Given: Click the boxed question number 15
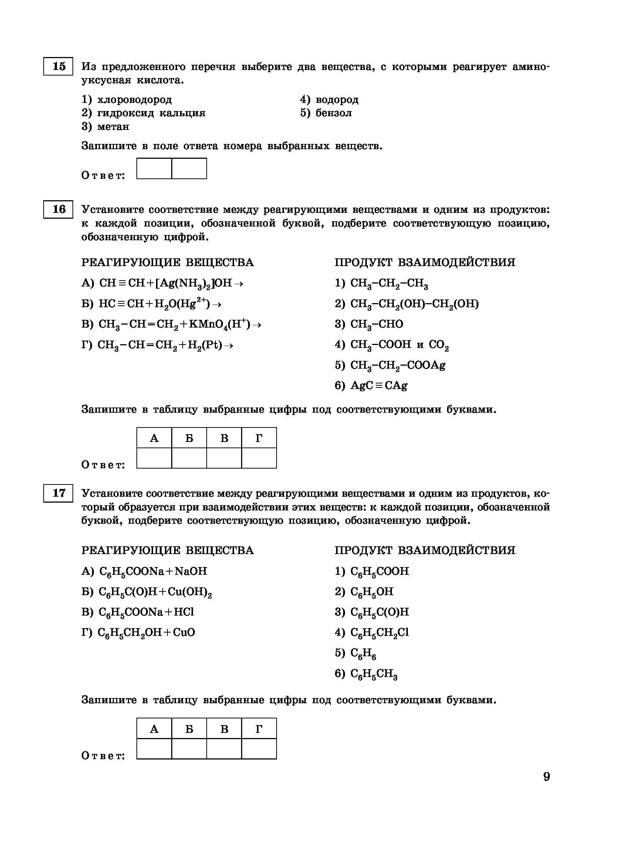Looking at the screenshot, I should click(x=58, y=66).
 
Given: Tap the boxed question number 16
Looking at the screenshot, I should click(x=58, y=209).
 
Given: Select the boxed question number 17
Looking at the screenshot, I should click(x=58, y=493).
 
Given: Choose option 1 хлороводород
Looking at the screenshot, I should click(x=126, y=100).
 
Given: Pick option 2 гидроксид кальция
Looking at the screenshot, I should click(x=143, y=113).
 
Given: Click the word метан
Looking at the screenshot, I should click(x=113, y=127).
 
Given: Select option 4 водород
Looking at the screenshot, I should click(x=329, y=100).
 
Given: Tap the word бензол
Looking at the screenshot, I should click(x=334, y=113).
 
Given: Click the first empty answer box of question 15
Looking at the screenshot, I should click(x=154, y=168).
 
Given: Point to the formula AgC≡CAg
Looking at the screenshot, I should click(x=379, y=386).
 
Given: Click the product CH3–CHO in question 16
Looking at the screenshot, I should click(x=377, y=324).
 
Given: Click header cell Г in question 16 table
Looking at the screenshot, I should click(x=259, y=438).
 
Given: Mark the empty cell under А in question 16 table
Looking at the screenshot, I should click(x=154, y=458).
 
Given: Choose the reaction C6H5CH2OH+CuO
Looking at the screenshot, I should click(x=146, y=633).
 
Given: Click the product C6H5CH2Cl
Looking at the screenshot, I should click(x=379, y=633).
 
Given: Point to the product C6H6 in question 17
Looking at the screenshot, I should click(x=363, y=653).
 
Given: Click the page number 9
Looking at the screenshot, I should click(x=546, y=777).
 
